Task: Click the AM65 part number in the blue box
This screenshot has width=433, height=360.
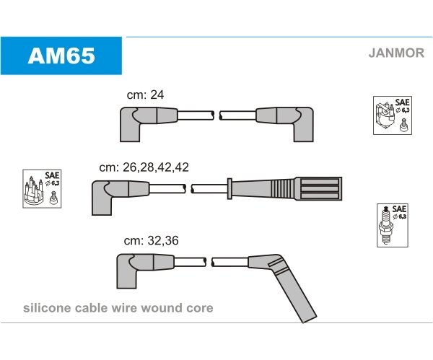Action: point(61,56)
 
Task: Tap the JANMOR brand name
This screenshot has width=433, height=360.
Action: point(396,53)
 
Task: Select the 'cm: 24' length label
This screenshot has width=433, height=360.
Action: point(145,95)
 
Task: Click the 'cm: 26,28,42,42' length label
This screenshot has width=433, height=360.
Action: point(144,167)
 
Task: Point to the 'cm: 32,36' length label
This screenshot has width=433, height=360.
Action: point(151,240)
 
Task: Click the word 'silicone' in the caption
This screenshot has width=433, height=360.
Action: point(47,308)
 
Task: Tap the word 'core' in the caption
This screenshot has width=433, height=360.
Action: point(200,308)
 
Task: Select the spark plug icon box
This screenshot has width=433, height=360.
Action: point(393,226)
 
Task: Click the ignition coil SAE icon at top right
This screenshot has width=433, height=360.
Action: point(393,115)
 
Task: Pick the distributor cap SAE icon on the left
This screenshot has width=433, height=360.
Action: point(42,189)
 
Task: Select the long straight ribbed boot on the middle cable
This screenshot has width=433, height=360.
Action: point(286,188)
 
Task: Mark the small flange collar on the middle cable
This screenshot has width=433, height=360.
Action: point(229,188)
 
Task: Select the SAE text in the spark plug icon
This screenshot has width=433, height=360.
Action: point(399,208)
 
